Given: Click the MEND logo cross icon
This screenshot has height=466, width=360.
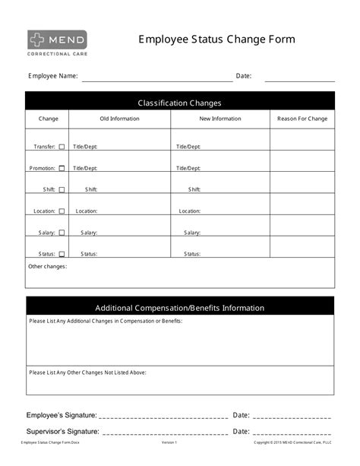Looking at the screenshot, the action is (38, 40).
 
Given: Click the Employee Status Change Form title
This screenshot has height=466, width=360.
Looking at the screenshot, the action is (216, 40).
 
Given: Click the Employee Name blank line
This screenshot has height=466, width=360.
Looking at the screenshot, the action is (157, 78).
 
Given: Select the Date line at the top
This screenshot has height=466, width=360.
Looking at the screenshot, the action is (299, 78).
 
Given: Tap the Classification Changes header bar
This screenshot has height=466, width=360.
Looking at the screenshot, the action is (179, 103).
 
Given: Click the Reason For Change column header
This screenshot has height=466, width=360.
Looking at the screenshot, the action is (302, 119).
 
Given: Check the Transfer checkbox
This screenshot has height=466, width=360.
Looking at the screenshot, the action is (62, 147).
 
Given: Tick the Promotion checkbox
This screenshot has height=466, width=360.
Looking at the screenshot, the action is (62, 168).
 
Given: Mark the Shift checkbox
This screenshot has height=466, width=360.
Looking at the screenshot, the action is (62, 190).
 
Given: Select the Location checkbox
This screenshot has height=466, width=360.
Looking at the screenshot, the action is (62, 211).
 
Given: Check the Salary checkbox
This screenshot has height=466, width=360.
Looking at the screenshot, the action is (62, 233).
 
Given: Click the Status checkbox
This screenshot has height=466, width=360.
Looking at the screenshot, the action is (62, 254).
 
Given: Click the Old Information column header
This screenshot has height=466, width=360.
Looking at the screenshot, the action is (119, 119).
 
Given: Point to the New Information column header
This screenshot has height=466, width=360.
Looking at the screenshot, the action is (220, 119).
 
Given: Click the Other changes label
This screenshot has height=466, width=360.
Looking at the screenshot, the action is (47, 267).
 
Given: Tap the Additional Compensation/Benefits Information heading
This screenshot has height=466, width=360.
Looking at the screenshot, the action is (179, 308).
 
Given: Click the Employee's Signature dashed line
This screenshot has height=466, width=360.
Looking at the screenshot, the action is (163, 417).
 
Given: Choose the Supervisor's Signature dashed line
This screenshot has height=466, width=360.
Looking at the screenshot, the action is (164, 433).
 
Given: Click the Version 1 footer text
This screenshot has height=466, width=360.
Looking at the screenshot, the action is (169, 442).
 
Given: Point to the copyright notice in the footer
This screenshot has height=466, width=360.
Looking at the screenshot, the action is (292, 442).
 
